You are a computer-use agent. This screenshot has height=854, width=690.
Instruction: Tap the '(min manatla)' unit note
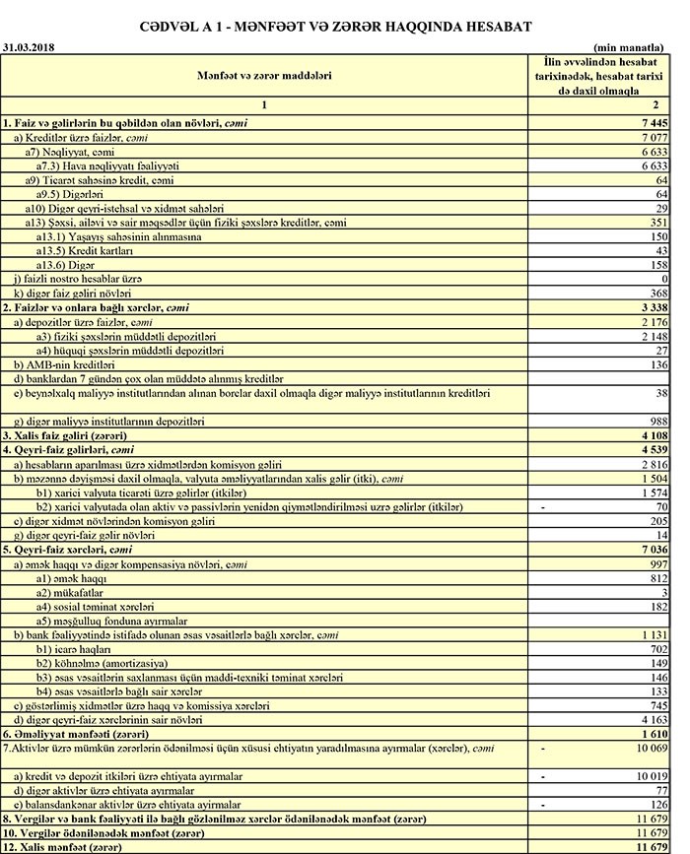pos(631,46)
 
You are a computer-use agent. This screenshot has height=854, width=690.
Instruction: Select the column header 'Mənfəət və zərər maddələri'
pos(263,75)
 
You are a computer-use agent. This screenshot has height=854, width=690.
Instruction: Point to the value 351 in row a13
pos(659,223)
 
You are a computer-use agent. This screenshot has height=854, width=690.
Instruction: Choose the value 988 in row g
pos(659,421)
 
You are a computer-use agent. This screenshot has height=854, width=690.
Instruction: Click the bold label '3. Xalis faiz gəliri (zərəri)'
pos(65,435)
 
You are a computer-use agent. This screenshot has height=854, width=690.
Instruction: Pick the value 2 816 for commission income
pos(654,463)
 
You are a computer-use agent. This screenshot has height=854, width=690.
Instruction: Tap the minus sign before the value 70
pos(544,505)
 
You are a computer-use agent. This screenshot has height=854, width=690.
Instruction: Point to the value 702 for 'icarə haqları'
pos(659,649)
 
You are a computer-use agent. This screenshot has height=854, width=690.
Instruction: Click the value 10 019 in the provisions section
pos(652,776)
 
